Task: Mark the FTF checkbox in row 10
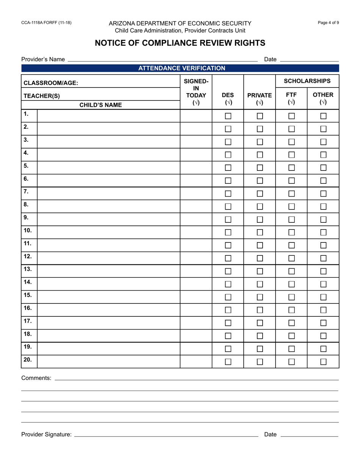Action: point(291,232)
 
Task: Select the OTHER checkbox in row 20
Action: point(323,361)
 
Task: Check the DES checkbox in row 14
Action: point(228,284)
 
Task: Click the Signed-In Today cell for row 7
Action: point(196,194)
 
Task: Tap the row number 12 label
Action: point(28,256)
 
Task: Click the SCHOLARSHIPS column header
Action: point(307,81)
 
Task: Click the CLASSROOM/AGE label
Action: point(51,83)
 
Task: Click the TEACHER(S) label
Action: point(42,96)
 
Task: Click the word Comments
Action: point(36,378)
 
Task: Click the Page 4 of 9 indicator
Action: point(329,23)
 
